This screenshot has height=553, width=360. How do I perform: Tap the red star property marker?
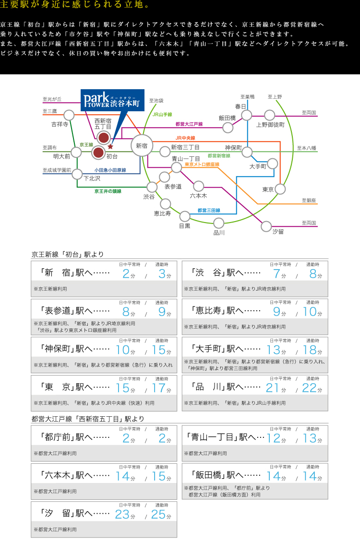[x=110, y=147]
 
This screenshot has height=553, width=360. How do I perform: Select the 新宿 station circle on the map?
[x=142, y=145]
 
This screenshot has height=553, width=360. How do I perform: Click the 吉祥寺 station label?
[x=60, y=124]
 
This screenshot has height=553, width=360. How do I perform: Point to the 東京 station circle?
[x=280, y=189]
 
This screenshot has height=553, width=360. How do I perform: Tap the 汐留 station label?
[x=278, y=231]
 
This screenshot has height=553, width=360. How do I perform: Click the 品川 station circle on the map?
[x=219, y=223]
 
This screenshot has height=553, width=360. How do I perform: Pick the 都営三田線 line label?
[x=209, y=211]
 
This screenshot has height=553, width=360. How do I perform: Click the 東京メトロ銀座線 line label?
[x=202, y=165]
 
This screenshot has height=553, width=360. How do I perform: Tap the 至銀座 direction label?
[x=309, y=200]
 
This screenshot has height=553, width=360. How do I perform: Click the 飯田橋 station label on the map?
[x=227, y=118]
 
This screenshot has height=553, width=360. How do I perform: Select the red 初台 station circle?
[x=98, y=153]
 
